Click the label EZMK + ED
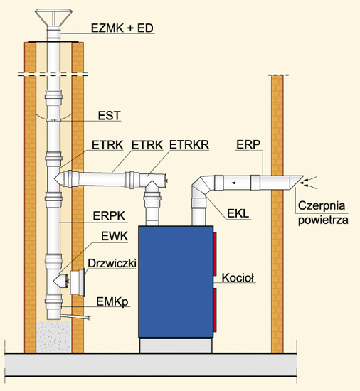122,28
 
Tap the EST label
110,115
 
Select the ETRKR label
189,145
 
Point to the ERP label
248,144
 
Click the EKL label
238,213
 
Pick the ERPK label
109,216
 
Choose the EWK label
115,236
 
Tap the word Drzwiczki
112,263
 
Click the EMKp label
112,302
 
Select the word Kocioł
238,277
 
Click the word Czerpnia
322,206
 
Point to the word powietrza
323,220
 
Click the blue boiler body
176,282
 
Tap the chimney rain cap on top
53,18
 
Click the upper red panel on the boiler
215,254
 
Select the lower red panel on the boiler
215,310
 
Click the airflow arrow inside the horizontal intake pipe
240,183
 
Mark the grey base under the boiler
176,346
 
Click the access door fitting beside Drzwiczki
78,282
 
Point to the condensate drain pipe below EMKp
75,316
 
